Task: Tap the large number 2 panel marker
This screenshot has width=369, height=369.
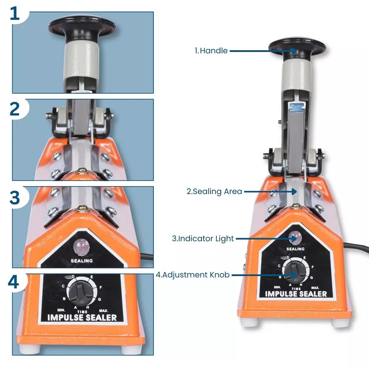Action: tap(15, 109)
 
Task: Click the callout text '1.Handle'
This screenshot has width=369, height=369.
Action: tap(211, 51)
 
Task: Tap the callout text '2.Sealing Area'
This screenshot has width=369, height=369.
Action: tap(214, 192)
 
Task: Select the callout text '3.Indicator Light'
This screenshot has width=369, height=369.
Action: tap(203, 238)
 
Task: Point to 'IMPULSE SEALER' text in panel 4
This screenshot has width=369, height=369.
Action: tap(82, 317)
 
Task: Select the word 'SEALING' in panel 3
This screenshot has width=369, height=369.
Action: tap(82, 260)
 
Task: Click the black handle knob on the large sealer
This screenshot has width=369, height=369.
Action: tap(297, 47)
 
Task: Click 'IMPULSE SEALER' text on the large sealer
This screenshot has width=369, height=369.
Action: tap(296, 294)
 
